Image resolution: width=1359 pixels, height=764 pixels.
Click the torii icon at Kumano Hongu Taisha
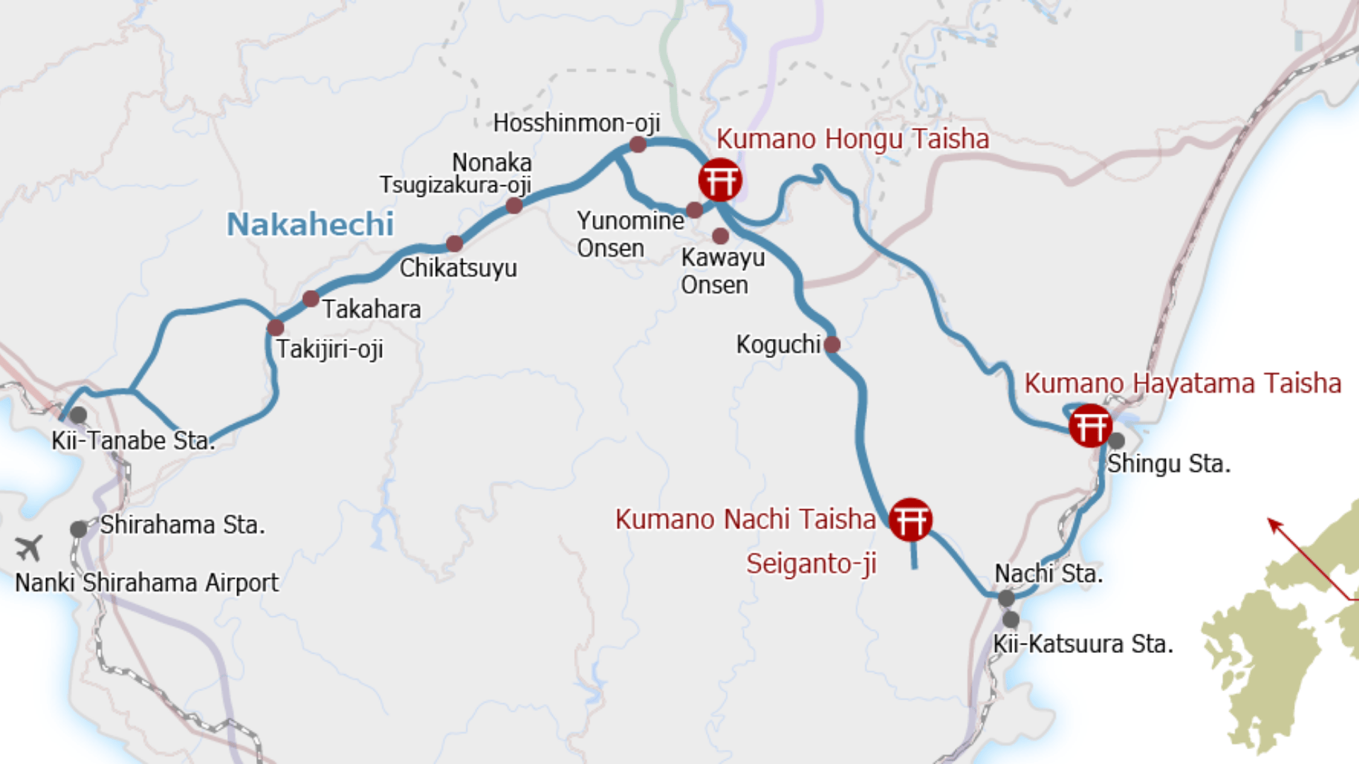pos(720,180)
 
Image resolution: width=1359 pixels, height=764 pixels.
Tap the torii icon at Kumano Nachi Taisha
pos(910,520)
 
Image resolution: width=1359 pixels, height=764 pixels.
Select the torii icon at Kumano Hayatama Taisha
pos(1090,426)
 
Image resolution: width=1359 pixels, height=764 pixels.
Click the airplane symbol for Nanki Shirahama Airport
pos(29,547)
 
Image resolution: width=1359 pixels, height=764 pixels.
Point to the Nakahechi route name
pos(310,224)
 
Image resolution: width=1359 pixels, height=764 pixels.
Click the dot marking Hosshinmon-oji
pos(638,144)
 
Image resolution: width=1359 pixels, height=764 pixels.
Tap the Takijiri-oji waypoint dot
pos(275,328)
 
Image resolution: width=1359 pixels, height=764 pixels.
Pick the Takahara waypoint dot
pos(311,299)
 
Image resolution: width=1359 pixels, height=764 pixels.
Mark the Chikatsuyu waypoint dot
pos(454,243)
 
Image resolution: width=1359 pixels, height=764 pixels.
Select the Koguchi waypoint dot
pos(832,345)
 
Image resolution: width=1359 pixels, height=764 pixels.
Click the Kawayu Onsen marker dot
pos(721,236)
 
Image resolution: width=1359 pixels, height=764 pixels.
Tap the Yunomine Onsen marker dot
pos(694,209)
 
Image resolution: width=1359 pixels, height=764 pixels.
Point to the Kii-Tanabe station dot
pos(79,415)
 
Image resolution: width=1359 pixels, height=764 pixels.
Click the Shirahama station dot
pos(79,529)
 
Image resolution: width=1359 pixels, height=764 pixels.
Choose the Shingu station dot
pos(1116,441)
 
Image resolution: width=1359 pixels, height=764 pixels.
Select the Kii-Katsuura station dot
pos(1011,620)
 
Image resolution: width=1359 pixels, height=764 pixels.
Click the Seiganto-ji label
pos(811,564)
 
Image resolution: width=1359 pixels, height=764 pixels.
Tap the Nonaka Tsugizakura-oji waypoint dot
pos(515,206)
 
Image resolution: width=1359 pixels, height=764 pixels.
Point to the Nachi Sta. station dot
pos(1007,598)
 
